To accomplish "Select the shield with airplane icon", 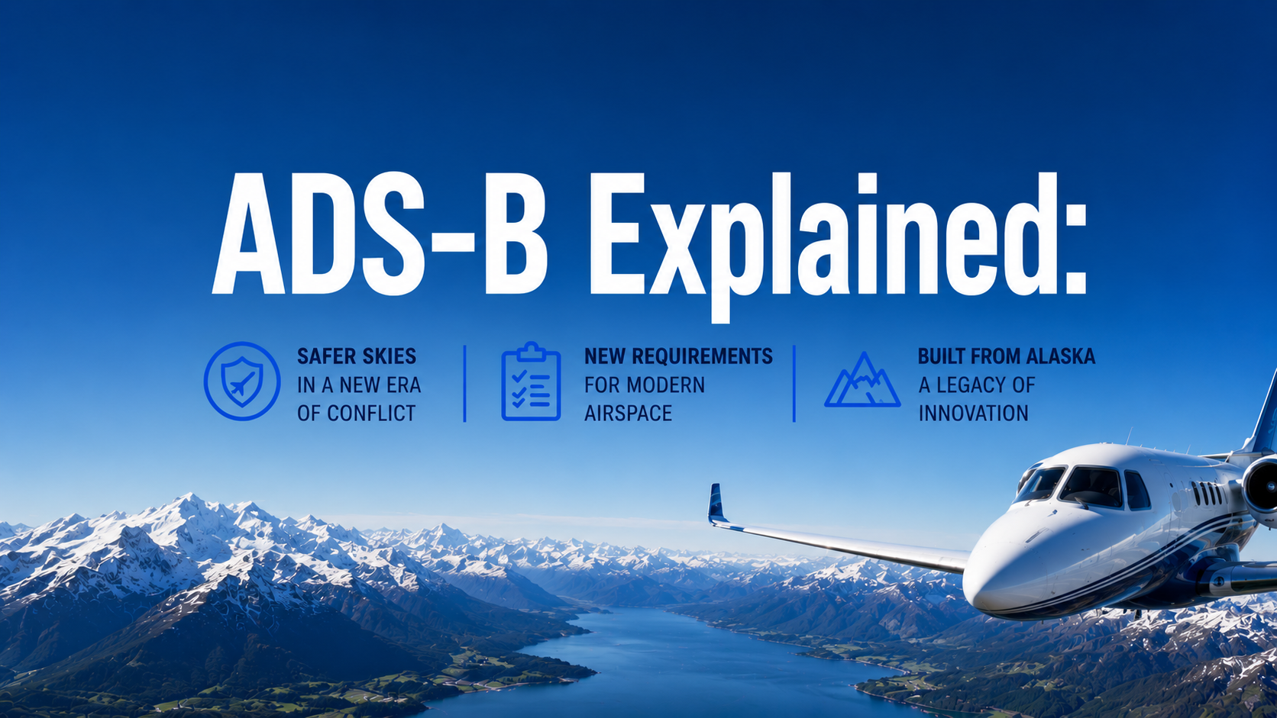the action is (x=242, y=381).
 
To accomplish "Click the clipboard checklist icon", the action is (x=532, y=381).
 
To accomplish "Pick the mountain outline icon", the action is (x=862, y=380).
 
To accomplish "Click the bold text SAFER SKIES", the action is (x=357, y=356).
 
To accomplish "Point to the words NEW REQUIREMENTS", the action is (x=678, y=356).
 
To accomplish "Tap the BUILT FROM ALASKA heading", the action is (x=1007, y=356).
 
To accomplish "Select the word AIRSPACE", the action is (x=629, y=414).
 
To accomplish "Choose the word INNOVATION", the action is (x=974, y=414).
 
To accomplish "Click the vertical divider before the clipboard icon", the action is (x=465, y=383).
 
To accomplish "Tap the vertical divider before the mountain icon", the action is (x=794, y=383).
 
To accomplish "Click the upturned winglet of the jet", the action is (x=716, y=503).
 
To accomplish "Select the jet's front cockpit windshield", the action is (x=1090, y=488).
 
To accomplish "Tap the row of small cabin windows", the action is (x=1207, y=494).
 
